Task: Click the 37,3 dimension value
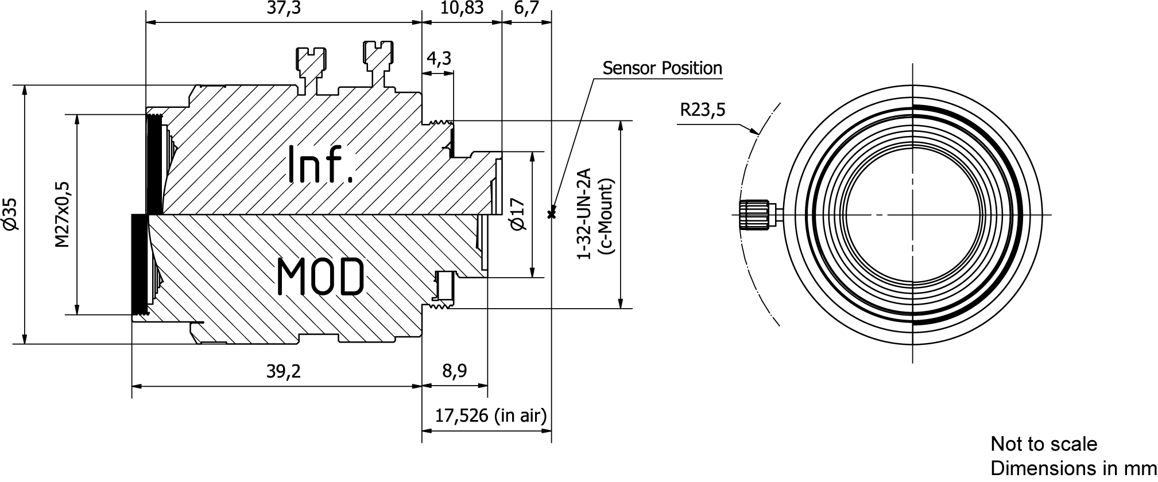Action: tap(284, 9)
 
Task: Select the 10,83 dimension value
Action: tap(461, 9)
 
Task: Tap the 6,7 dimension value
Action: tap(526, 9)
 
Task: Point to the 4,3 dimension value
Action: tap(439, 59)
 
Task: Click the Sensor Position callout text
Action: tap(662, 68)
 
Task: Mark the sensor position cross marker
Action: tap(552, 215)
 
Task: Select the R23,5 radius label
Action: tap(702, 109)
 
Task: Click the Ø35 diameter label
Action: tap(11, 215)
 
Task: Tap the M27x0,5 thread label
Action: tap(62, 215)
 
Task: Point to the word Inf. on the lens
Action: tap(321, 164)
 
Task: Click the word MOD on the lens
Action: tap(320, 277)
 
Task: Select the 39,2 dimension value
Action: tap(283, 371)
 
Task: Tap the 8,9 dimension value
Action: tap(454, 371)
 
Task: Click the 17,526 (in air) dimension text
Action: tap(490, 415)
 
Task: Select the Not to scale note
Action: tap(1044, 444)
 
